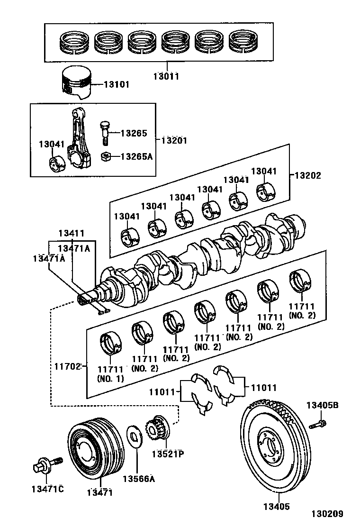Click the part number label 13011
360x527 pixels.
(x=166, y=76)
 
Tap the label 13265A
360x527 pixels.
(x=136, y=156)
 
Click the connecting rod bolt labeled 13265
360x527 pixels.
(x=105, y=133)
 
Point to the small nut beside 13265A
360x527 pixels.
(x=107, y=155)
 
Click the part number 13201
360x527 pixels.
(x=174, y=140)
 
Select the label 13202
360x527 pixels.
(x=308, y=175)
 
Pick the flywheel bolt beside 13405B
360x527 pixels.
(x=318, y=424)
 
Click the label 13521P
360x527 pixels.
(x=167, y=454)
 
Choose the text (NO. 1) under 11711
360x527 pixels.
(x=110, y=379)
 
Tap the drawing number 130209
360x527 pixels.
(x=327, y=514)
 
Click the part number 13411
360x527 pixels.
(x=72, y=233)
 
